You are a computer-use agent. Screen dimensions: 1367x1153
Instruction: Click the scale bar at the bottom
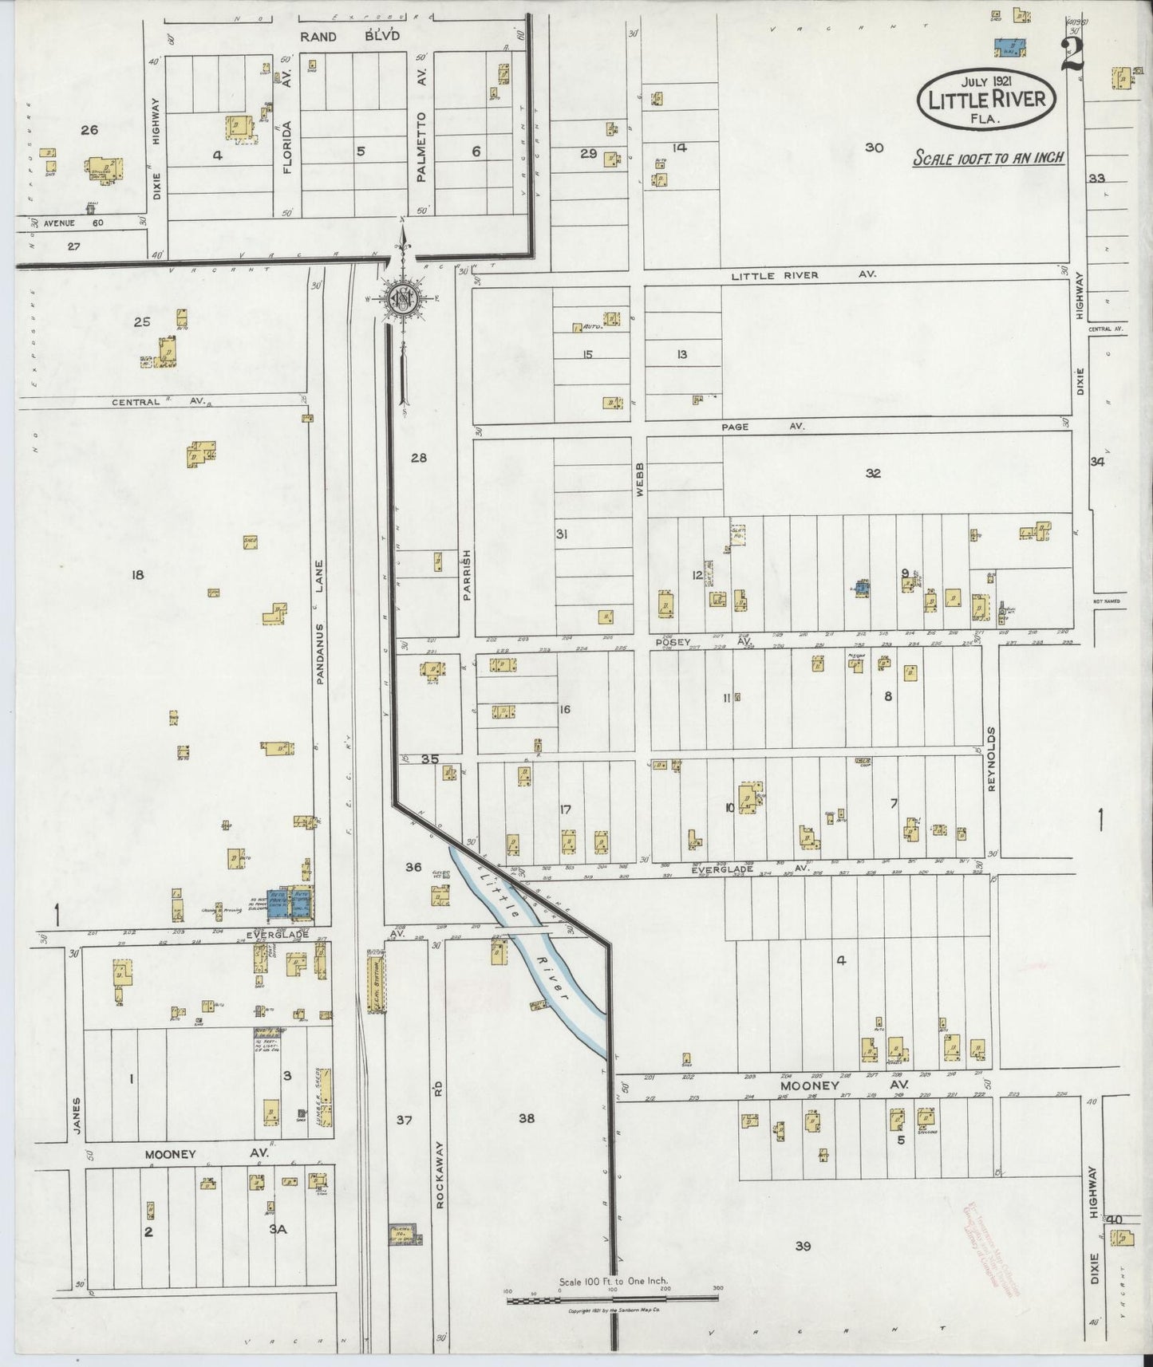[x=612, y=1299]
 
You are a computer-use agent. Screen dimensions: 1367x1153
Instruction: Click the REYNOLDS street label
[x=992, y=758]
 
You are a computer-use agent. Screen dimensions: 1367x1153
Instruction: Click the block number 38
[x=527, y=1118]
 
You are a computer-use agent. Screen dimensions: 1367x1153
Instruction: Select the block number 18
[x=137, y=574]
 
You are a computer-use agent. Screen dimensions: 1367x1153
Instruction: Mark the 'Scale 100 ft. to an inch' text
[x=989, y=158]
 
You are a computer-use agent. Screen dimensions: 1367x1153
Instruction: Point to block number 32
[x=873, y=473]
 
